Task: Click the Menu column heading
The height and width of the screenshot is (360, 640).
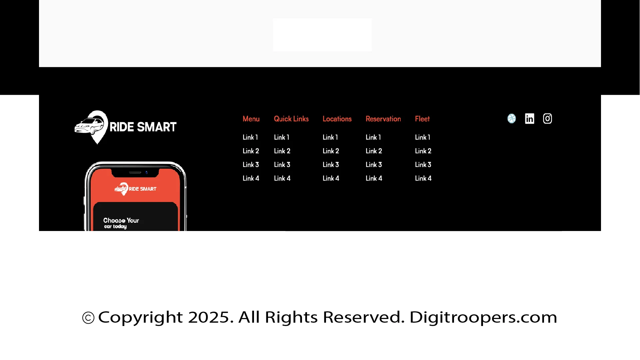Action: (251, 119)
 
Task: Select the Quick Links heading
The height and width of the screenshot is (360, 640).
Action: (291, 119)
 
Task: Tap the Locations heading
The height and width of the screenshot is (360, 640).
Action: (337, 119)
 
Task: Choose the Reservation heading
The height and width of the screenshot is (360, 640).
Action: (383, 119)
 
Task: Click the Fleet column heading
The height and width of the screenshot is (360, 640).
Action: (422, 119)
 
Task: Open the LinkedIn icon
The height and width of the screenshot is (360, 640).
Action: (530, 119)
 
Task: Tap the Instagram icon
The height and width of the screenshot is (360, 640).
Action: (547, 119)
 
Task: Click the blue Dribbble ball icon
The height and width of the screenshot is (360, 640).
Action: (512, 119)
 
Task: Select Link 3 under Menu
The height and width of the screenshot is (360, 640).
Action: (251, 165)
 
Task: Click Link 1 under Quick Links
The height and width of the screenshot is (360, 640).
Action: (282, 137)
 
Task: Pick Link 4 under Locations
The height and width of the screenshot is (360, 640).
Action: (331, 178)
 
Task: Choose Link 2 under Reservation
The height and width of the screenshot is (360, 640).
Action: (374, 151)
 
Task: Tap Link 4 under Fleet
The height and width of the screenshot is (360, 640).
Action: (423, 178)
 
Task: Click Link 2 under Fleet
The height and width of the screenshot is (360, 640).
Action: (423, 151)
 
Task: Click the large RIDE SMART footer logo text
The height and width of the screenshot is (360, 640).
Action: (143, 127)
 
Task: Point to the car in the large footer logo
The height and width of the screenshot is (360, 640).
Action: (89, 126)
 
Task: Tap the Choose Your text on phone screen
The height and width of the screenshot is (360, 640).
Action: (121, 220)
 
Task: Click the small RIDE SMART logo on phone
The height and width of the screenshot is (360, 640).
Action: (135, 189)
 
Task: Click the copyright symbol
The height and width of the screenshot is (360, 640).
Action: (88, 318)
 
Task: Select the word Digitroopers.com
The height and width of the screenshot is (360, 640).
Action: (483, 317)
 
